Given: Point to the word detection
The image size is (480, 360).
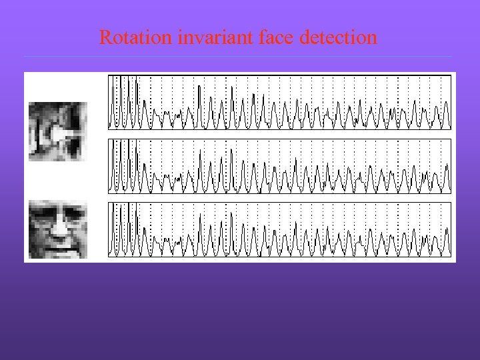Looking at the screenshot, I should pos(339,37).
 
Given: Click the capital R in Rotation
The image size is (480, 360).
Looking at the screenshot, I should pos(105,37).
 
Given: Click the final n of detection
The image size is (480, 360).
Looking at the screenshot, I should pos(372,39).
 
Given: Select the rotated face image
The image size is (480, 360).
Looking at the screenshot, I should pos(57,131).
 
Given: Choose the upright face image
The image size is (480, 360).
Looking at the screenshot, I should pos(57,229).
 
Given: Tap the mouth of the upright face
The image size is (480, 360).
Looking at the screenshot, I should pos(59,246).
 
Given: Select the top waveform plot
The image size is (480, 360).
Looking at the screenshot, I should pos(279,102).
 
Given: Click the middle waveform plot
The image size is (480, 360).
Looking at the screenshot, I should pos(279,166).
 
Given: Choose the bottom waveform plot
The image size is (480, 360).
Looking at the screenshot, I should pos(279,229).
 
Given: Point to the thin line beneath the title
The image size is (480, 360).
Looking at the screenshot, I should pos(240,56).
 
